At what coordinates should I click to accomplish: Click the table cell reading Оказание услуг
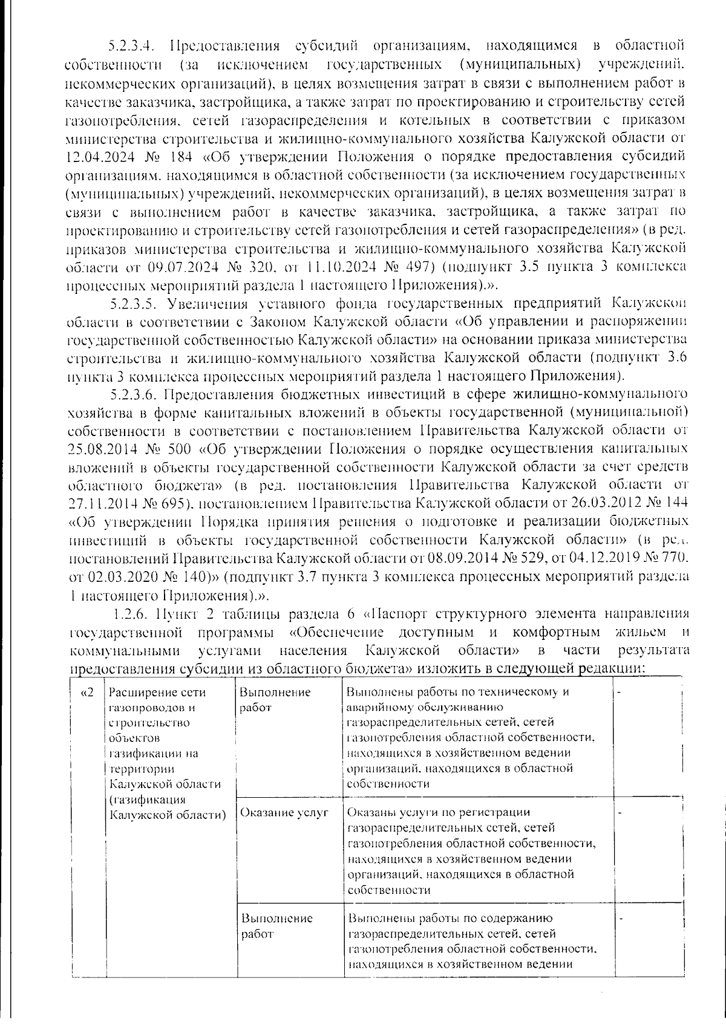[284, 813]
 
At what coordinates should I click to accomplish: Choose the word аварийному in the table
[378, 707]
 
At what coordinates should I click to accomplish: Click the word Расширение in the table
[139, 693]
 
